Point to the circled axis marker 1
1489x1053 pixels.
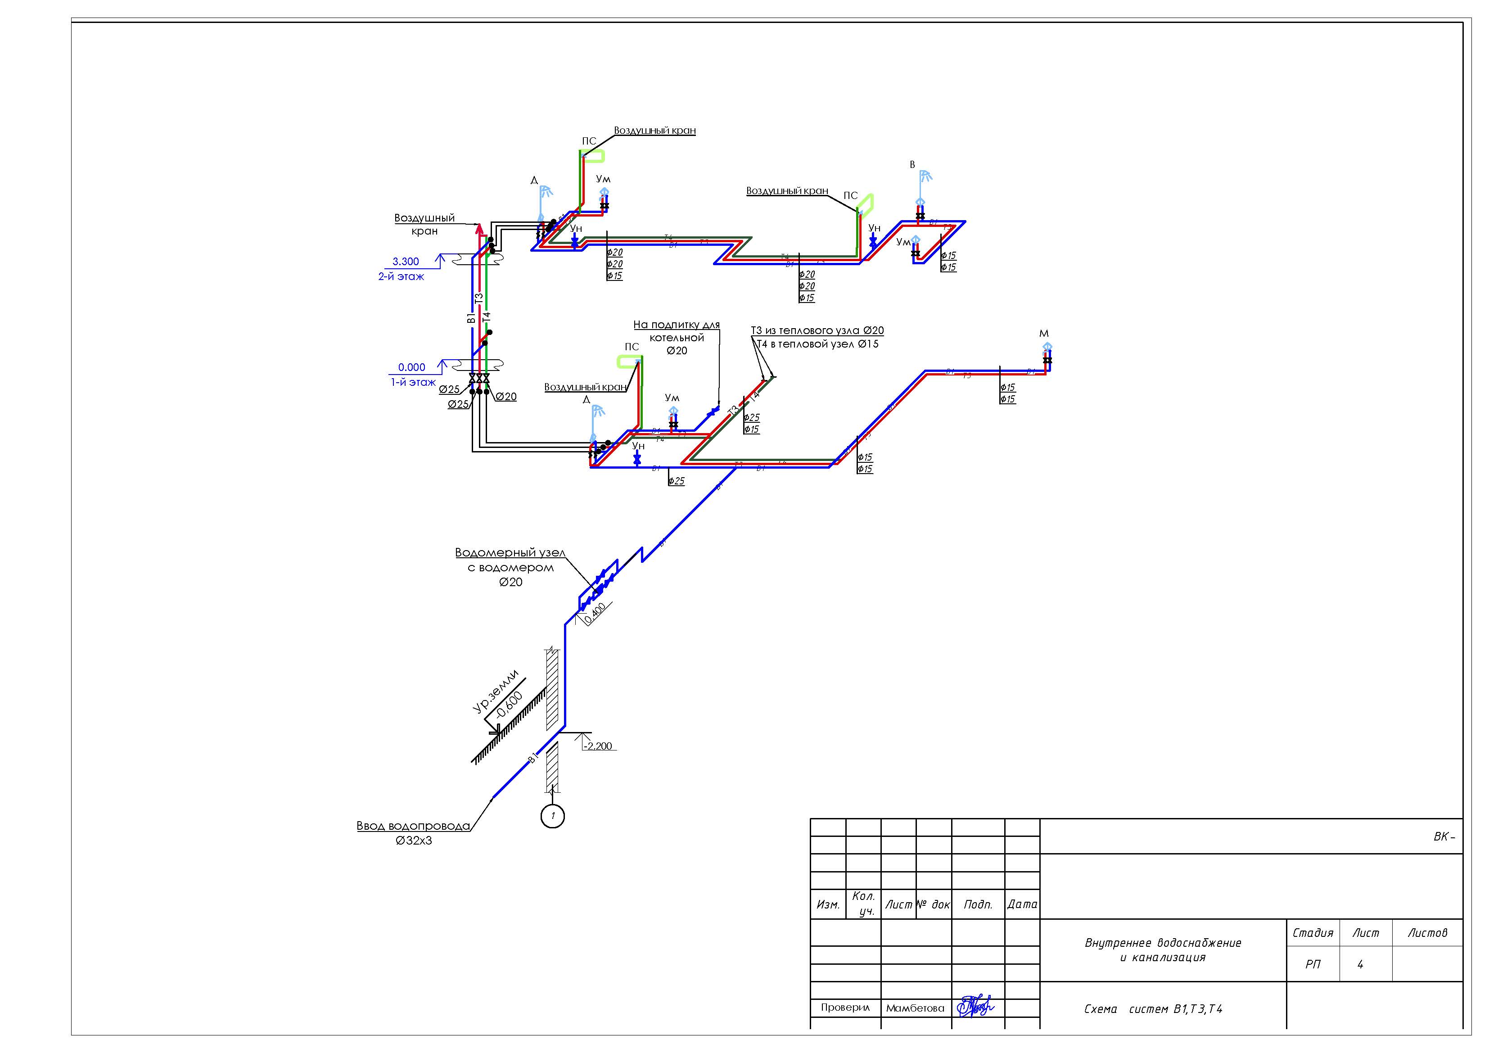(x=553, y=816)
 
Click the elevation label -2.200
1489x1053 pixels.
(x=598, y=746)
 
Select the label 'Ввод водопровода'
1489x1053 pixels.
(x=413, y=826)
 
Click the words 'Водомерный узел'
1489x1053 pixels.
(x=510, y=553)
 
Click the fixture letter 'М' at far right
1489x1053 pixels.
(x=1044, y=334)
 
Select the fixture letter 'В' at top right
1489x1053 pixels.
(x=912, y=165)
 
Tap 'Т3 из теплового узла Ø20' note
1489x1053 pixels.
(x=817, y=330)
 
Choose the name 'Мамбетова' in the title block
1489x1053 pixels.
(x=915, y=1008)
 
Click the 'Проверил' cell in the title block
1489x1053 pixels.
(x=845, y=1008)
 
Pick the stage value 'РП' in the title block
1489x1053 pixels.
(x=1313, y=964)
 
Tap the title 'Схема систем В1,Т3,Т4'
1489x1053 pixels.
(x=1153, y=1009)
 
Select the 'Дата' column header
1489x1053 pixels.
(x=1022, y=904)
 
